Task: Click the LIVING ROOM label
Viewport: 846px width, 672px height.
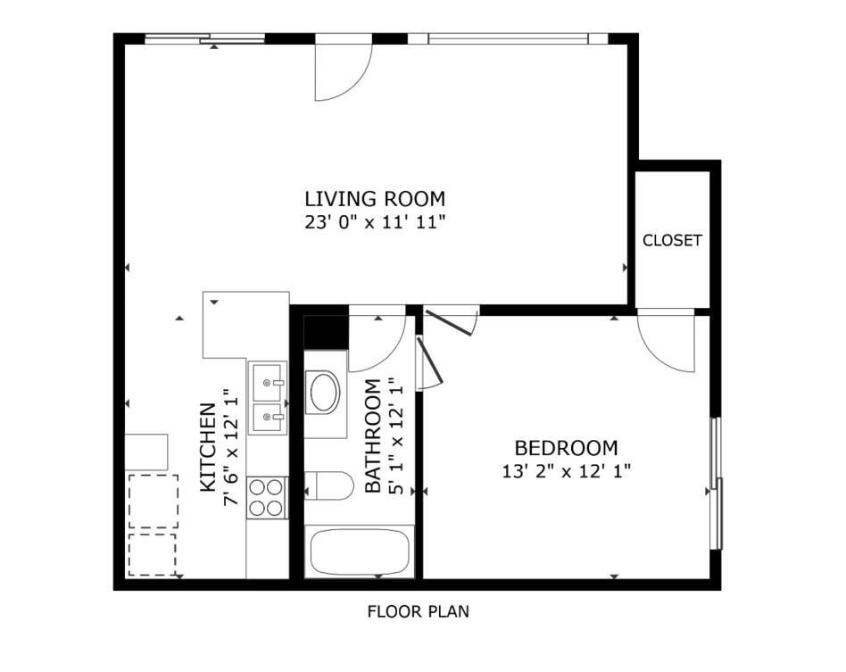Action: [375, 199]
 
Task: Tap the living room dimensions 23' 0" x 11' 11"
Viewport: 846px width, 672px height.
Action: [375, 222]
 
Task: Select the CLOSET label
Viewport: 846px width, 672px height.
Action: [672, 240]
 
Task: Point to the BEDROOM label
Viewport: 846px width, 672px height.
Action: [566, 448]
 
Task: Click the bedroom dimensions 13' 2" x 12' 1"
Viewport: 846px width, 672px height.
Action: [567, 472]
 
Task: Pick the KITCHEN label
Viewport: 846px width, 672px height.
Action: [208, 447]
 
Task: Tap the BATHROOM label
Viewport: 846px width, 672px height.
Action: [373, 436]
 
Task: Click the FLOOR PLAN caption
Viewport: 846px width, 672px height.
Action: [419, 611]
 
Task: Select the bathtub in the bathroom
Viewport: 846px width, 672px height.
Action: [360, 552]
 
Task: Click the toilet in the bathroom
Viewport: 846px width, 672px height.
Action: [328, 485]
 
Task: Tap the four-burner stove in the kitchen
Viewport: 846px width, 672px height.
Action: [267, 498]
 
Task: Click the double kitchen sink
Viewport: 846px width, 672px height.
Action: [268, 398]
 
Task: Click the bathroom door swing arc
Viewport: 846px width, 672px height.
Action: [394, 351]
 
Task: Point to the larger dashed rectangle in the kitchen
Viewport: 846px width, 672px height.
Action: [153, 502]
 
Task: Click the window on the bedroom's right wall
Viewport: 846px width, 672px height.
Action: [717, 484]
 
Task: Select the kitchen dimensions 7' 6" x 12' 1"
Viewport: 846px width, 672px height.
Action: [231, 447]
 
